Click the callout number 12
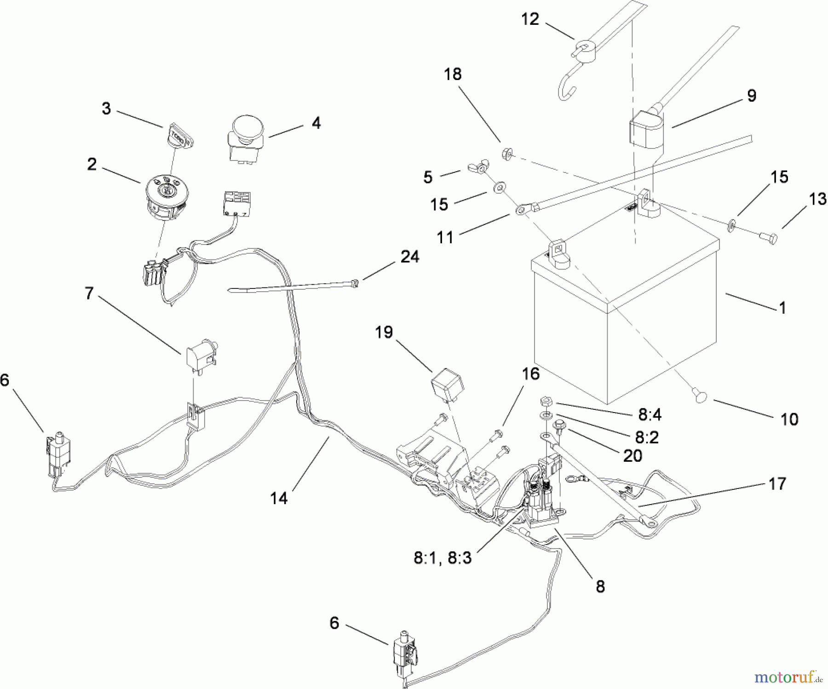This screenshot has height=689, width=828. [530, 19]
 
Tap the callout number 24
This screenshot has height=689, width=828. [409, 257]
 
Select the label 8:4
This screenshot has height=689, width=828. [650, 415]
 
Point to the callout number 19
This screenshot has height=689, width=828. [384, 332]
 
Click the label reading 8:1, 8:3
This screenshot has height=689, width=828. [443, 558]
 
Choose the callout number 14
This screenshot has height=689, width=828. [279, 498]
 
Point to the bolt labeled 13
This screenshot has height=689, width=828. [767, 238]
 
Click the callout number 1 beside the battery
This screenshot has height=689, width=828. [782, 307]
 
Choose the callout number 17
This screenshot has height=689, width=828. [777, 483]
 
